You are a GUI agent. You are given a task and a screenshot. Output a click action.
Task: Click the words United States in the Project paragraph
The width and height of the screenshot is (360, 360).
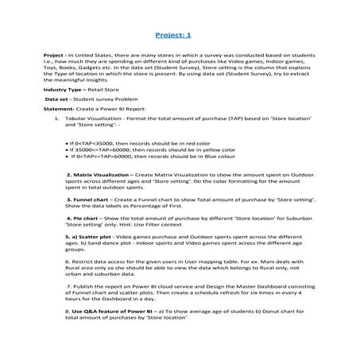[x=92, y=56]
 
